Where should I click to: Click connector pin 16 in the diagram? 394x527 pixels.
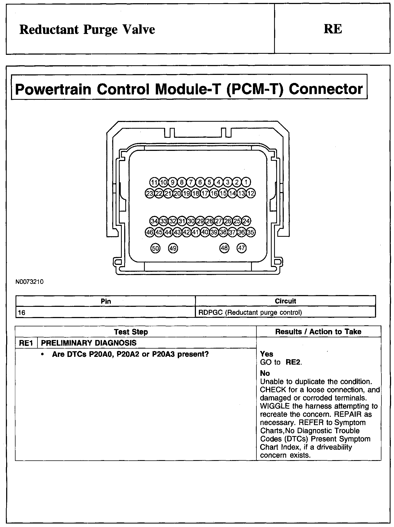coord(214,193)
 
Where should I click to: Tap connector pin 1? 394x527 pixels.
coord(246,182)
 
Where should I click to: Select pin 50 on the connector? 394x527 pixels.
coord(155,248)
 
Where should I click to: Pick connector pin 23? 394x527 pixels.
coord(149,193)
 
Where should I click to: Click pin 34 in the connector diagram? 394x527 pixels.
coord(154,221)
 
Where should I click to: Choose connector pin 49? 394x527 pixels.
coord(173,248)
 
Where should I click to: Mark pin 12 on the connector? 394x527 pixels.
coord(251,193)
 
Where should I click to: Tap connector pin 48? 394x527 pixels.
coord(224,248)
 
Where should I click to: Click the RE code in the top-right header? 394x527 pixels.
coord(333,29)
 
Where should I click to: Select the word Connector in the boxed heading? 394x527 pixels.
coord(325,89)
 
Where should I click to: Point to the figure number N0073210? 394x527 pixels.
coord(29,282)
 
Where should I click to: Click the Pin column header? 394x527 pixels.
coord(106,301)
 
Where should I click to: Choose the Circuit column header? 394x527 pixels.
coord(285,301)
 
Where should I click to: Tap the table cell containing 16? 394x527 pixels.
coord(22,312)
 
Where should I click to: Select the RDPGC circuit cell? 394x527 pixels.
coord(250,312)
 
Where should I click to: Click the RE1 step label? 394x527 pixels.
coord(26,343)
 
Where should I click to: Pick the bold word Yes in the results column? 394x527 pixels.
coord(267,354)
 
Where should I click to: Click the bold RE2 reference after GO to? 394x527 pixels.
coord(293,362)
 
